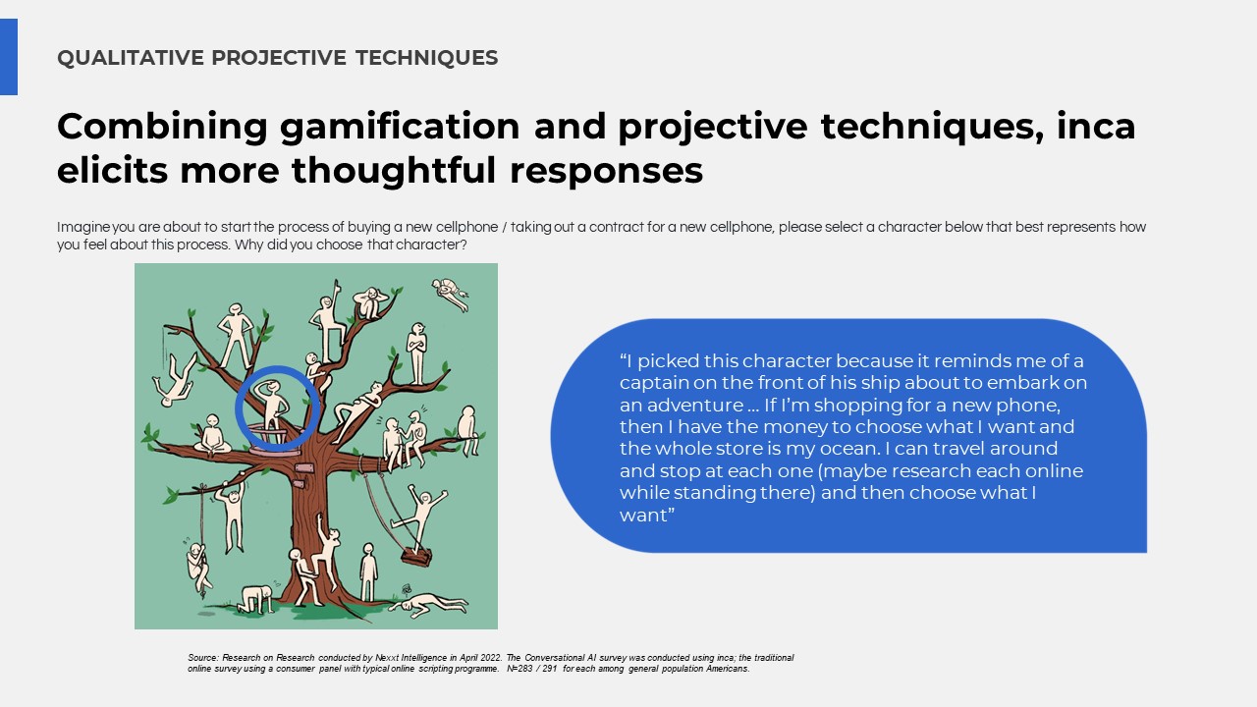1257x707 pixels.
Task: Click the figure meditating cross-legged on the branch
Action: tap(212, 434)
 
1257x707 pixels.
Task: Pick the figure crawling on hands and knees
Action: tap(256, 599)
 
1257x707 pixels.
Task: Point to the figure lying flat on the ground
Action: tap(429, 605)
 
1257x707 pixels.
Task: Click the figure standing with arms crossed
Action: tap(417, 353)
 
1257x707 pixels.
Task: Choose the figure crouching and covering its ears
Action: tap(369, 303)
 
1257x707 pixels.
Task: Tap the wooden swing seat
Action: tap(415, 557)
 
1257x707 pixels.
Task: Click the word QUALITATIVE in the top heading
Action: tap(131, 58)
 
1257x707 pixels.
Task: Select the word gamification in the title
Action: tap(400, 127)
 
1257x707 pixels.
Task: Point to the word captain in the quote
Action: tap(653, 383)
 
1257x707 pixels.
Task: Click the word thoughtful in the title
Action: tap(394, 170)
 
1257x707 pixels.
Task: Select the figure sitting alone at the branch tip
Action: tap(468, 430)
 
